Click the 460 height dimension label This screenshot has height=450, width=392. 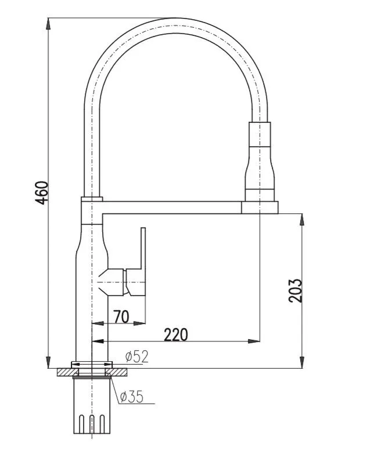click(42, 193)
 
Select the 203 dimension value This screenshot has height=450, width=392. click(295, 291)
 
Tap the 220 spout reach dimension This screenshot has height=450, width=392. click(176, 335)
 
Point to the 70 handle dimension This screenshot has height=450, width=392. click(121, 317)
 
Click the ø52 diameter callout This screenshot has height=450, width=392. click(137, 357)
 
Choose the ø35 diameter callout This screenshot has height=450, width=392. click(132, 397)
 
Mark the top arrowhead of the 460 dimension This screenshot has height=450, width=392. click(48, 24)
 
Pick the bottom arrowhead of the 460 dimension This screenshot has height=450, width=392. click(48, 362)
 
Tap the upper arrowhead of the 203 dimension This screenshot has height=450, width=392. click(302, 220)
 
